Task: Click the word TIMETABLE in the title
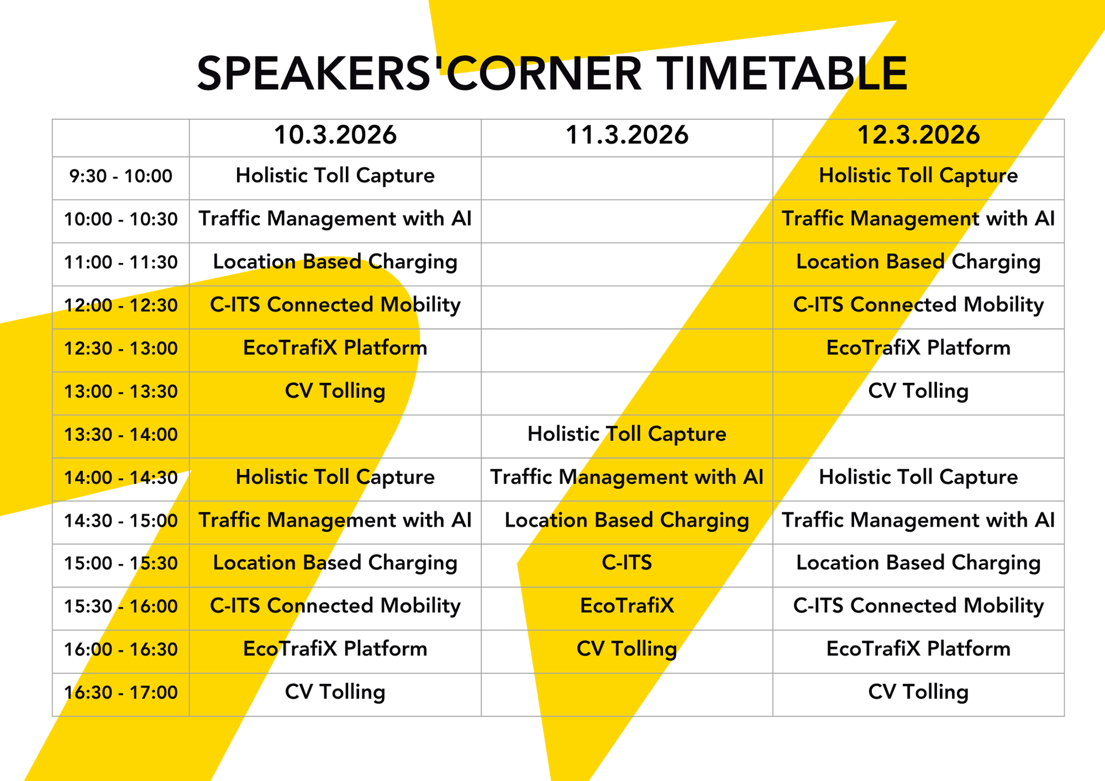(x=782, y=74)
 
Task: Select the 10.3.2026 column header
(x=335, y=135)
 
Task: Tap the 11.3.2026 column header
(x=627, y=135)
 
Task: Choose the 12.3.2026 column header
(x=918, y=135)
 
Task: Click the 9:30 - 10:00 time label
(x=121, y=176)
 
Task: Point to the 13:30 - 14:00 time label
(x=121, y=435)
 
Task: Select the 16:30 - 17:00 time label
(x=121, y=692)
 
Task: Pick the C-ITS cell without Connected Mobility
(x=627, y=563)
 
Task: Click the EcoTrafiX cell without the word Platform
(x=627, y=606)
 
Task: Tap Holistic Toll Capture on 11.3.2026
(x=627, y=435)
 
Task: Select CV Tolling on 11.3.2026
(x=627, y=649)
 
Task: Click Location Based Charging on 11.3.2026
(x=627, y=520)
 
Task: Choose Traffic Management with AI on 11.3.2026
(x=627, y=477)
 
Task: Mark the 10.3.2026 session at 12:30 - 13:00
(x=335, y=348)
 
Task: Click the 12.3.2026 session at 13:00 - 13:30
(x=918, y=391)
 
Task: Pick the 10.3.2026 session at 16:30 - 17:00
(x=335, y=692)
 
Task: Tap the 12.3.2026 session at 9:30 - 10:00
(x=918, y=176)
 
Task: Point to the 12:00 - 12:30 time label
(x=121, y=305)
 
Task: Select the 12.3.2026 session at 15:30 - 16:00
(x=918, y=606)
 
